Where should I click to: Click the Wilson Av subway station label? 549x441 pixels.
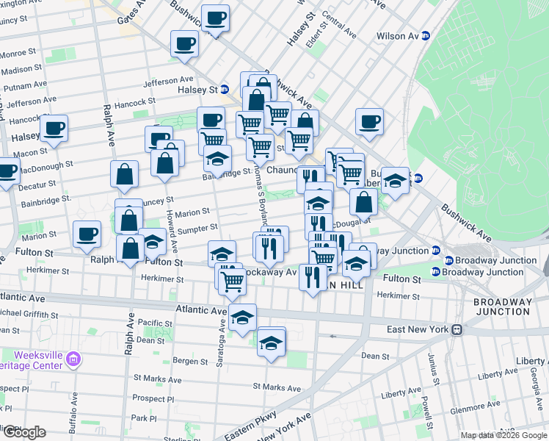point(397,36)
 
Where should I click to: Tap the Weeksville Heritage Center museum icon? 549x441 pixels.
point(73,359)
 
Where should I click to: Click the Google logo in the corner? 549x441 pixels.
point(24,432)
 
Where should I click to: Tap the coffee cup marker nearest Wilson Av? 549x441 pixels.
point(370,122)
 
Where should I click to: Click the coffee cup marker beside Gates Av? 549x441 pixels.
point(216,18)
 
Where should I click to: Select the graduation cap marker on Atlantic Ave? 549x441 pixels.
point(243,318)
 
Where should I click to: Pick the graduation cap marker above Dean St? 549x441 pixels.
point(272,342)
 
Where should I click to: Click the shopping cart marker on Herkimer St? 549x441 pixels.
point(233,279)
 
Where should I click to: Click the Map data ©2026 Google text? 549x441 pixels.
point(503,435)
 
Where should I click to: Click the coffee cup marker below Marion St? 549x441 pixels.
point(88,234)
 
